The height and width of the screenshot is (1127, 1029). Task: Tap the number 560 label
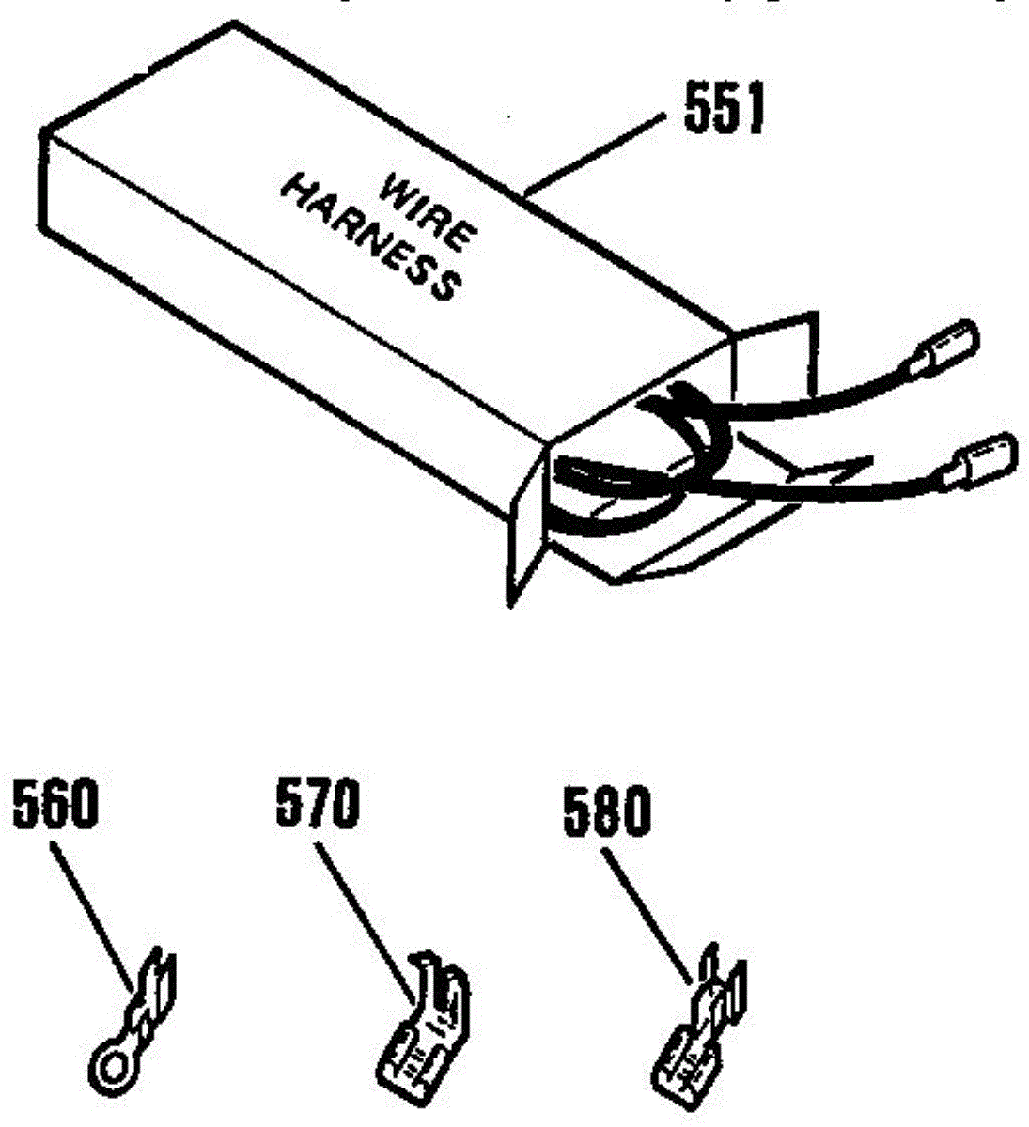click(x=55, y=807)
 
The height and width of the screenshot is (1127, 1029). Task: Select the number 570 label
click(x=317, y=805)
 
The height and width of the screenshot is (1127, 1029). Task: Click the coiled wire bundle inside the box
click(x=648, y=460)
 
